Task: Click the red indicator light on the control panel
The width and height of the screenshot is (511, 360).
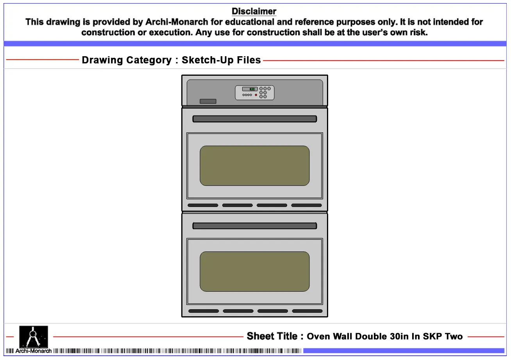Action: point(256,95)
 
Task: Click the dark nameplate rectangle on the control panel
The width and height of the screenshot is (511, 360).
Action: point(208,101)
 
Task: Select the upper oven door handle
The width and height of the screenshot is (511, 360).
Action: point(255,119)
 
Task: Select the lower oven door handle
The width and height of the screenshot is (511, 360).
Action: point(255,226)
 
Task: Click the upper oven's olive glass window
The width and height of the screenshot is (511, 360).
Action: point(255,166)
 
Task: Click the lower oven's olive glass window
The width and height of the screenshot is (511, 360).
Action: point(255,271)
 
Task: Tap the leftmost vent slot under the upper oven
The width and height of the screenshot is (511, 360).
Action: point(203,205)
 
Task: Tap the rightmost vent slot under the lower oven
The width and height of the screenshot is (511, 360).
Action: point(307,311)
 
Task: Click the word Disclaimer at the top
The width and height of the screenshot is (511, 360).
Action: point(254,11)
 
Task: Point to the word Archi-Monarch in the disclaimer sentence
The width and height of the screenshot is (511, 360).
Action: point(177,22)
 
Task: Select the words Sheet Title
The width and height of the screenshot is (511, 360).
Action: point(272,336)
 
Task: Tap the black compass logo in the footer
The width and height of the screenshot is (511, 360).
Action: point(34,337)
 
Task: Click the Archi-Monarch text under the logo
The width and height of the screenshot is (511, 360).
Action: point(33,351)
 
